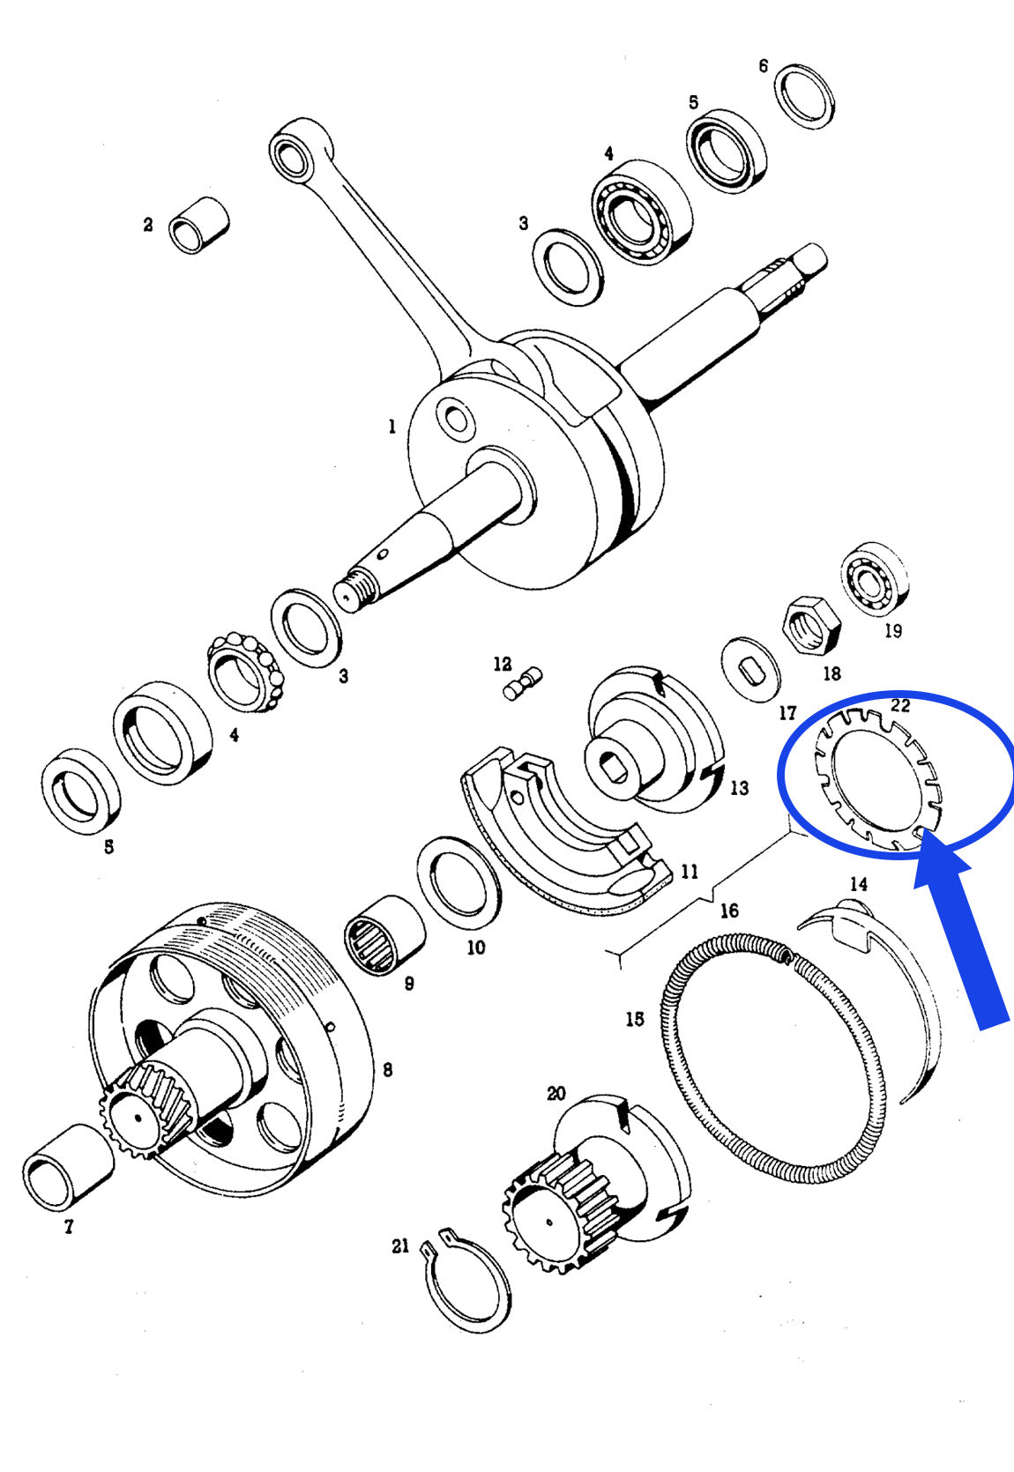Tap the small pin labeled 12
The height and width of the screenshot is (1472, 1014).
pos(522,685)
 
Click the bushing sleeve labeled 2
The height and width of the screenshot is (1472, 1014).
pos(198,227)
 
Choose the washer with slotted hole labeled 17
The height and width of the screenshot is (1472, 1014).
pos(750,670)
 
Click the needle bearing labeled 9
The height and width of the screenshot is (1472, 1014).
pos(383,935)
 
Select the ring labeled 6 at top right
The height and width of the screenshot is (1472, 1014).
pos(805,96)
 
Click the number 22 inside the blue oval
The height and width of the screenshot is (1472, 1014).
pos(900,705)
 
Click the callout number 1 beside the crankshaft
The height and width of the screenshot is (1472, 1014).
pos(391,427)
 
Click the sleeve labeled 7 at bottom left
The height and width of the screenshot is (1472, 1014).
pos(68,1166)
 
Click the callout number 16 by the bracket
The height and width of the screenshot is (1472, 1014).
pos(729,911)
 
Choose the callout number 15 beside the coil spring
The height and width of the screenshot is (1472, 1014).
pos(634,1019)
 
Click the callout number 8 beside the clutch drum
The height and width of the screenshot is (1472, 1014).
pos(387,1069)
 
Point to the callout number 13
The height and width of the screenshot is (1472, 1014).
pos(739,787)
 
